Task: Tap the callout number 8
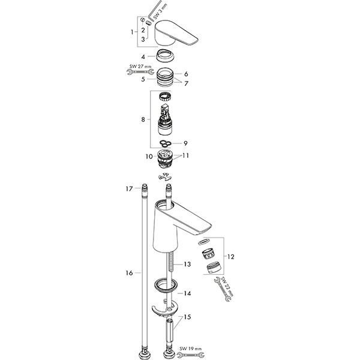tap(143, 119)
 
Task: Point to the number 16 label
tap(128, 273)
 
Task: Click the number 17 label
tap(128, 188)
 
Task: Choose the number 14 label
tap(187, 293)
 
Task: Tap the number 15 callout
tap(188, 317)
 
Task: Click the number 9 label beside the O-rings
tap(185, 143)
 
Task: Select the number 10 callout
tap(148, 157)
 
